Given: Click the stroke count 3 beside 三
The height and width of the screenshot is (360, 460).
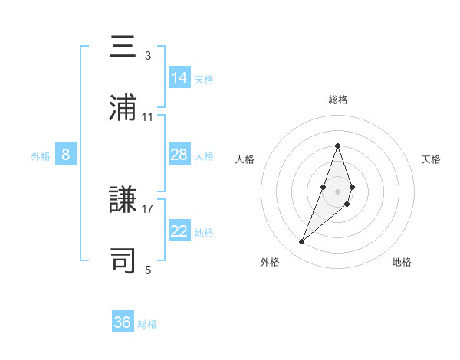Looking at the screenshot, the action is coord(148,56).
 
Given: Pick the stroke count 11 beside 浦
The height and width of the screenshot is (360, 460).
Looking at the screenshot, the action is coord(148,117).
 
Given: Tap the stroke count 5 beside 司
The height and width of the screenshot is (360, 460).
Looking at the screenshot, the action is coord(148,270).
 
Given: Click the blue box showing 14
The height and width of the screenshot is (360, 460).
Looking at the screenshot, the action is coord(179,78).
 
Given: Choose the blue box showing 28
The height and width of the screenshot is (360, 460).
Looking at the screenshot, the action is coord(179,155).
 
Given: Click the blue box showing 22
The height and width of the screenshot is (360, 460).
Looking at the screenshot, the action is coord(179,231).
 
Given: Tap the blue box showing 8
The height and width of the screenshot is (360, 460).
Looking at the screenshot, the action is coord(66,155).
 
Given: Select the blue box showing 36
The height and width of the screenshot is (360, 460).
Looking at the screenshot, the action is coord(123,322).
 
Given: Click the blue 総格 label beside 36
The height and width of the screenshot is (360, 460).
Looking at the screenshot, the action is coord(147,324).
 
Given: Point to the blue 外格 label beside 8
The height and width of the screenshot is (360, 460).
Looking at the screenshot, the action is coord(41,156).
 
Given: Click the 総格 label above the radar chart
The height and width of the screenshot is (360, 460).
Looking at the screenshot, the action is coord(337,100).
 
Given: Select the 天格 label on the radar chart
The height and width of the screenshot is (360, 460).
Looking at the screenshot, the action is coord(431,159).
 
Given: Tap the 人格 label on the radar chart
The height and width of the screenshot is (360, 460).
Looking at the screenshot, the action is coord(245,159).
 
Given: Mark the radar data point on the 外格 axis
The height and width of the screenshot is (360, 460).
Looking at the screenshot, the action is coord(301,242).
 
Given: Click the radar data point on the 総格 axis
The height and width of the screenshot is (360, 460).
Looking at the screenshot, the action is coord(337,146).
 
